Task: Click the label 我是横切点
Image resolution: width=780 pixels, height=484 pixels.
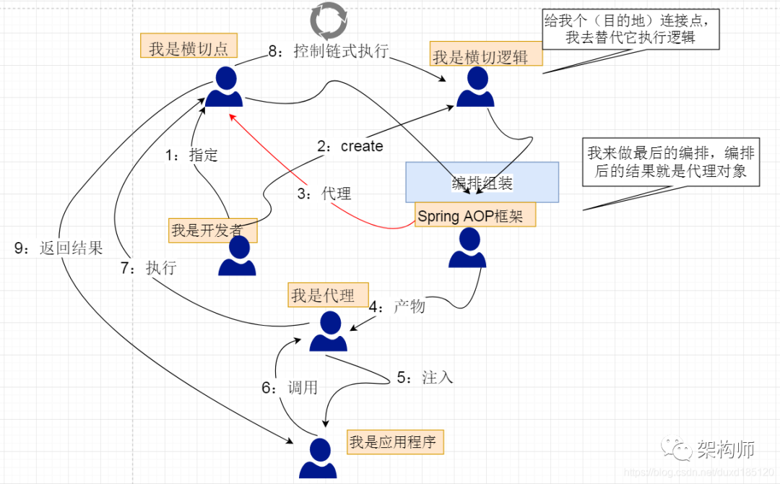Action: click(188, 48)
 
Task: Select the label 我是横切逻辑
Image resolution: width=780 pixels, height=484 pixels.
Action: click(480, 57)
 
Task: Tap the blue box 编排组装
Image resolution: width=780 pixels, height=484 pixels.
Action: click(482, 182)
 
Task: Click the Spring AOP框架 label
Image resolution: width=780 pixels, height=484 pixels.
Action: click(475, 215)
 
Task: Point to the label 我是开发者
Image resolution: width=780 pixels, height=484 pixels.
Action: click(212, 230)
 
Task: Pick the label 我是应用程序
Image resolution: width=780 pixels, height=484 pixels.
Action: click(393, 441)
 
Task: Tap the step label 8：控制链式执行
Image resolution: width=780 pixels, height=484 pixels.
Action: click(329, 51)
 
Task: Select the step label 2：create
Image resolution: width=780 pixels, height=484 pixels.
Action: click(350, 146)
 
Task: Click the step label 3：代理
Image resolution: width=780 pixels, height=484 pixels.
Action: click(324, 193)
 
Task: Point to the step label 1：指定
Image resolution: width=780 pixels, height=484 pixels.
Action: click(191, 155)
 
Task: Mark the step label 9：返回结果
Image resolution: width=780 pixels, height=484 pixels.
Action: click(58, 249)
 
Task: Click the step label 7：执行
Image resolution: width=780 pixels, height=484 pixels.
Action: click(148, 268)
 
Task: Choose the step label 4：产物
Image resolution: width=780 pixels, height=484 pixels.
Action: click(397, 306)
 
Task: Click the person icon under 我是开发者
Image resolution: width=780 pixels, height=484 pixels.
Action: click(237, 257)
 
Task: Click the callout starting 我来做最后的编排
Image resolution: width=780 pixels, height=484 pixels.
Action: click(671, 163)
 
